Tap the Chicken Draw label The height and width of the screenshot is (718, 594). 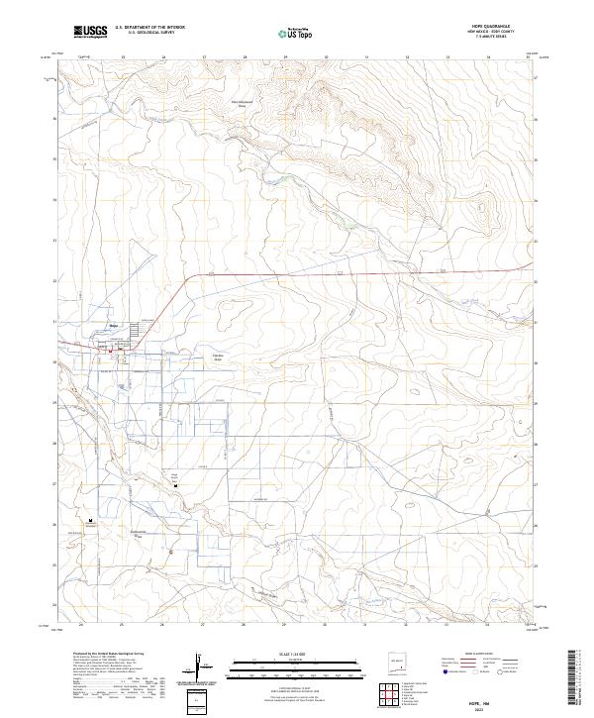tap(219, 358)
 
